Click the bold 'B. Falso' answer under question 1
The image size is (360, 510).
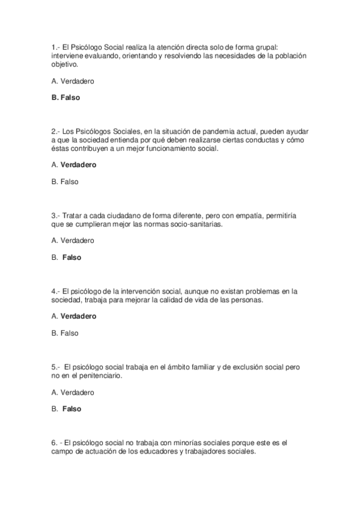click(x=66, y=97)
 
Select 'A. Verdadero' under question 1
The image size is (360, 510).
click(x=73, y=81)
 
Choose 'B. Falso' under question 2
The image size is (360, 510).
click(x=65, y=181)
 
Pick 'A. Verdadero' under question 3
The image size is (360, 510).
click(x=73, y=241)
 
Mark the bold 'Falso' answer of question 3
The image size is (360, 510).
click(x=72, y=257)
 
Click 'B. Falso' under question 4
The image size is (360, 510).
click(x=65, y=333)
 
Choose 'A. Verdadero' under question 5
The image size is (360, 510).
click(x=73, y=392)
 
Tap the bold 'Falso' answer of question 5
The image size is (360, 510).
click(x=72, y=409)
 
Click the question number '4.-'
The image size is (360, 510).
click(x=56, y=291)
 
